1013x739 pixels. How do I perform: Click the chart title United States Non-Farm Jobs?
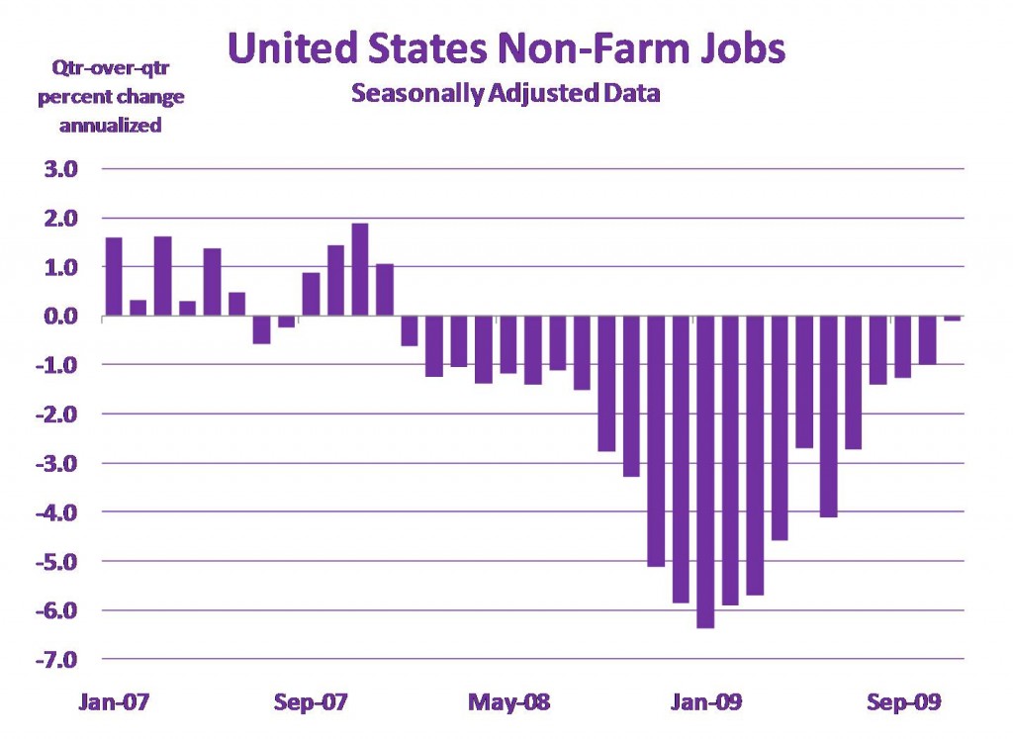506,47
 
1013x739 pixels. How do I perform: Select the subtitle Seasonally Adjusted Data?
506,96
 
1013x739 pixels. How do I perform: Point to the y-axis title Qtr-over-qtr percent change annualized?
110,98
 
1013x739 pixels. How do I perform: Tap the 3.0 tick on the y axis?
58,169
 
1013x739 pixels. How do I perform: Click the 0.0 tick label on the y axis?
58,317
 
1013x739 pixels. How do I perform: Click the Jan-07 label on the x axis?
113,703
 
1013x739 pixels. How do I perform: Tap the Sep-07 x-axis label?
311,703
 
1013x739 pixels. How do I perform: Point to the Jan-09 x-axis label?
704,703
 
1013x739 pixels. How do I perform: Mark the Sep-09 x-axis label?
901,703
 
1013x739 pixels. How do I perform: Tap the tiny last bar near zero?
952,319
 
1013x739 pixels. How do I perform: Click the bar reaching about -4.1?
828,416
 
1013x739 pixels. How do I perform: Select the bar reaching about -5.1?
656,441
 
